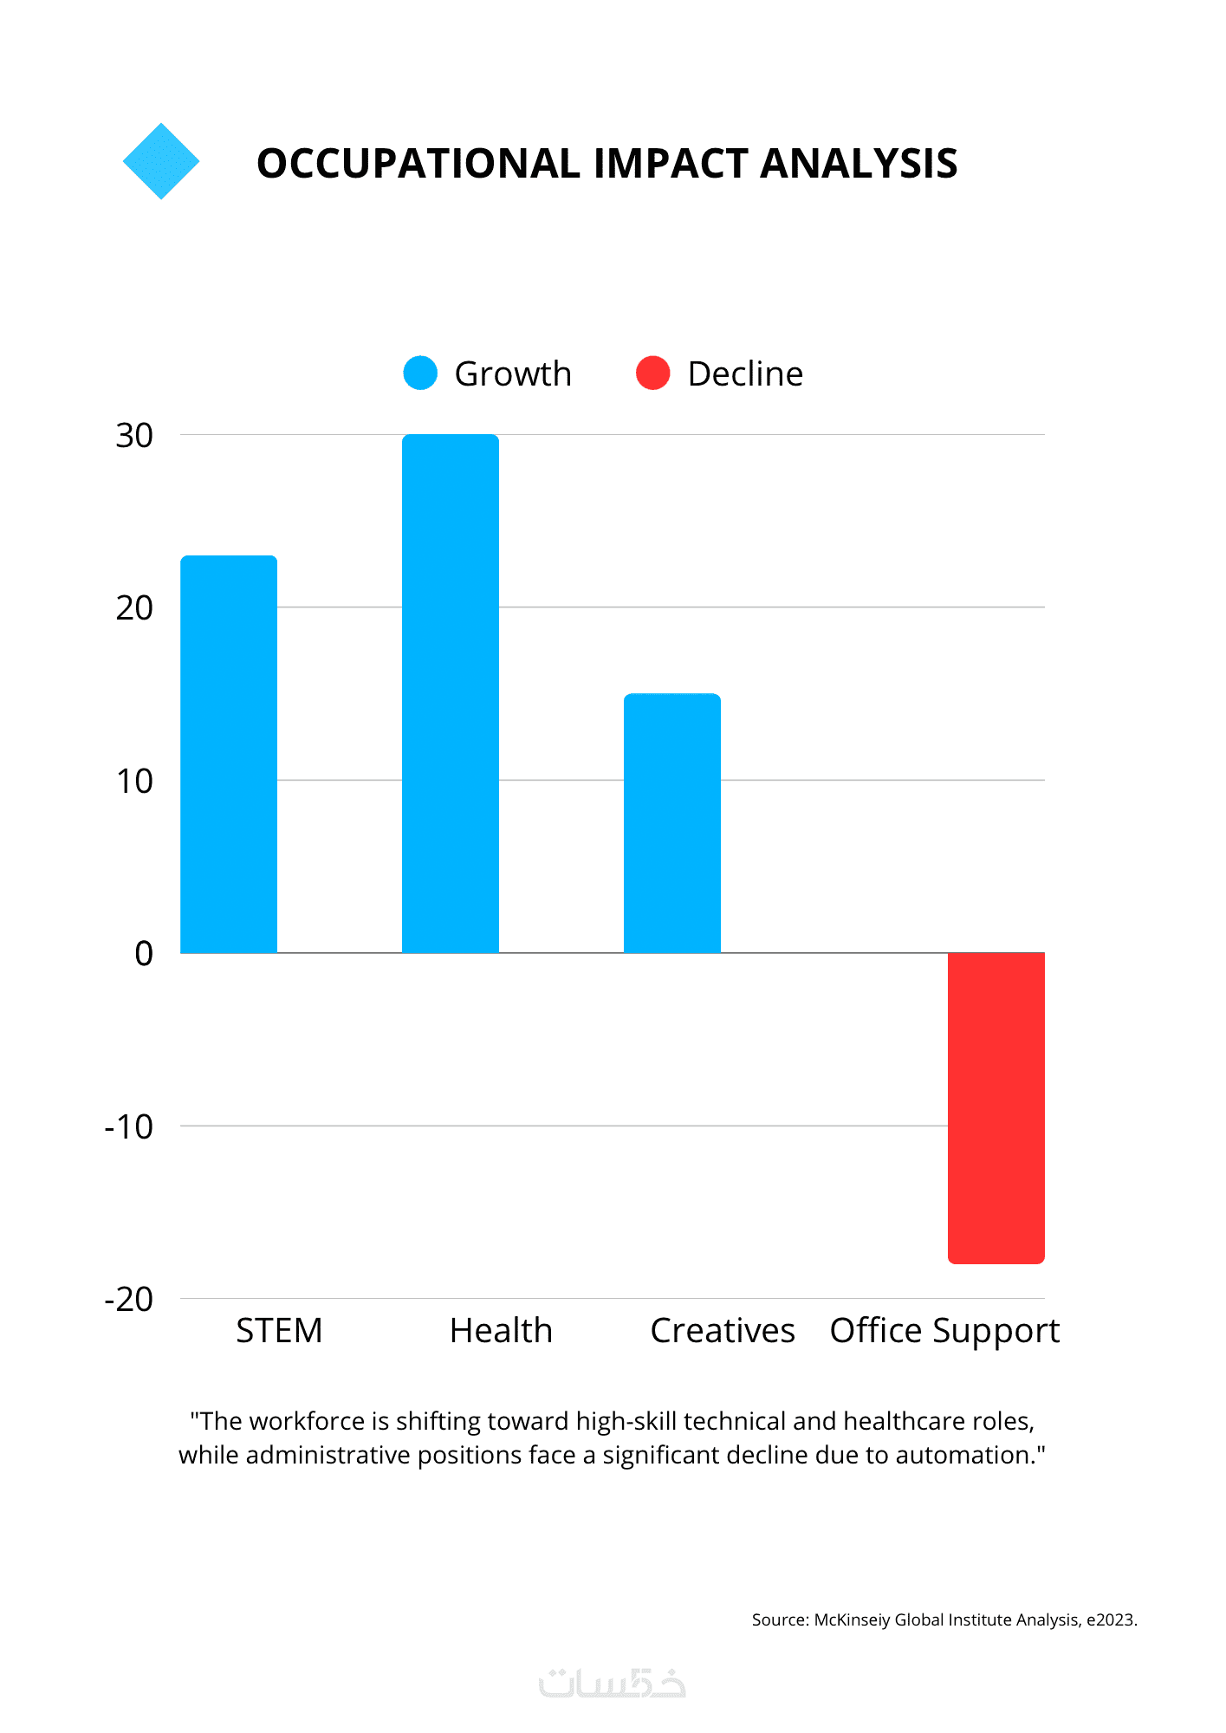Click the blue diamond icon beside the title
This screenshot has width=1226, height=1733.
161,161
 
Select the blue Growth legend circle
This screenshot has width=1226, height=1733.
420,373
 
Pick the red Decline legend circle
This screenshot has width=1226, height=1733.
652,373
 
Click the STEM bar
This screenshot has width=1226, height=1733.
229,754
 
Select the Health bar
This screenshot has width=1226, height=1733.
451,693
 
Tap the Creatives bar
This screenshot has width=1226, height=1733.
672,823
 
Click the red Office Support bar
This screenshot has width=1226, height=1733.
996,1107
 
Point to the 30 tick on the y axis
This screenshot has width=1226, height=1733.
134,436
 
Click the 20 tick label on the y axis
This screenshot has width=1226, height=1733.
134,608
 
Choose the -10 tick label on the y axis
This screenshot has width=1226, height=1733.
129,1127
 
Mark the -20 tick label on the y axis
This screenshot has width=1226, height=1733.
129,1300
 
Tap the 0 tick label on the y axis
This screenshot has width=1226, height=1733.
144,954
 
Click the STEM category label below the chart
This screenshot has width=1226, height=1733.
279,1330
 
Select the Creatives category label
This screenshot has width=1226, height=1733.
723,1330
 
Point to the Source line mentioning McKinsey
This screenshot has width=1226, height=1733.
944,1619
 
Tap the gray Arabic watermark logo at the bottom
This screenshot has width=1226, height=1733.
612,1683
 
